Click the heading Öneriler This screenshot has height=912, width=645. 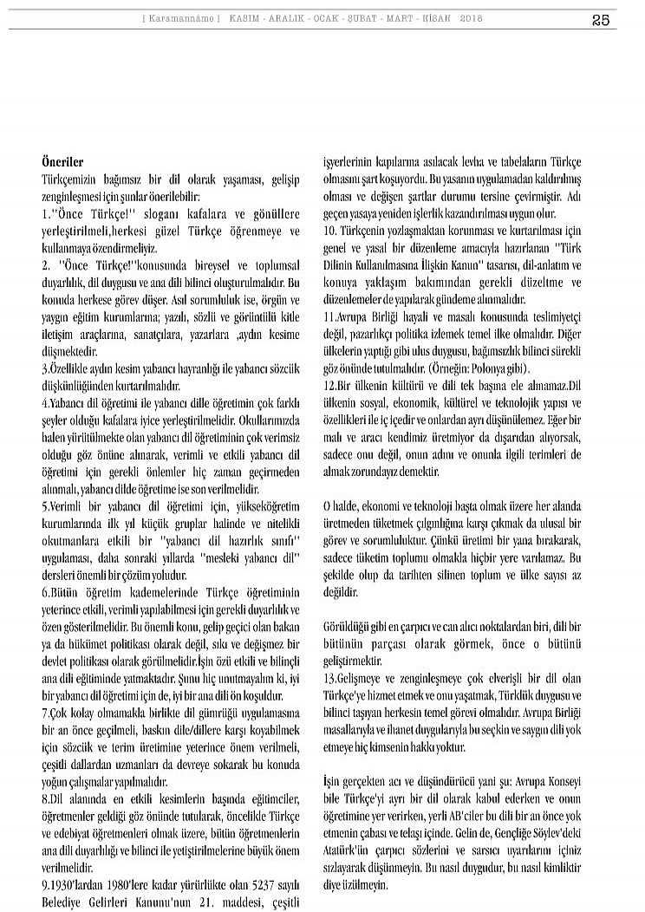coord(62,162)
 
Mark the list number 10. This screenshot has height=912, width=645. coord(329,229)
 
